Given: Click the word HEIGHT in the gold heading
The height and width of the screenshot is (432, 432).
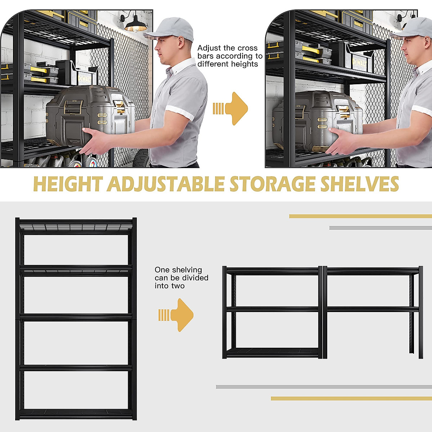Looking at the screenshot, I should point(68,184).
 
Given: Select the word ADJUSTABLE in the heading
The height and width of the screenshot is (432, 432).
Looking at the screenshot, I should point(166,184).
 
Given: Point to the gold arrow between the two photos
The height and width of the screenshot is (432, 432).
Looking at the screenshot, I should point(232,108).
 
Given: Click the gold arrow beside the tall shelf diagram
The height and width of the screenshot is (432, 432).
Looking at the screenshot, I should point(178,315).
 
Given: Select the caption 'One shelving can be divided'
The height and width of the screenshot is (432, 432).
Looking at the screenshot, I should point(181,278).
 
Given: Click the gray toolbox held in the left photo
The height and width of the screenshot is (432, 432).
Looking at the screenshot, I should point(90,115).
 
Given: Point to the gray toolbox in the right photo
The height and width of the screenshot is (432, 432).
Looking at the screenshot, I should point(317,119).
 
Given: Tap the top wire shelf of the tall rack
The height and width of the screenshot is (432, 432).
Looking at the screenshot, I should point(76,227).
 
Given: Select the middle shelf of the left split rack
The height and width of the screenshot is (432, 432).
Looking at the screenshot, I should point(273,309).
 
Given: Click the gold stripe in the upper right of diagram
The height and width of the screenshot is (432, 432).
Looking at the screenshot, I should point(360,216).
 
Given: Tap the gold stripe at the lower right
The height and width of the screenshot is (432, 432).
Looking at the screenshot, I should point(351,399).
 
